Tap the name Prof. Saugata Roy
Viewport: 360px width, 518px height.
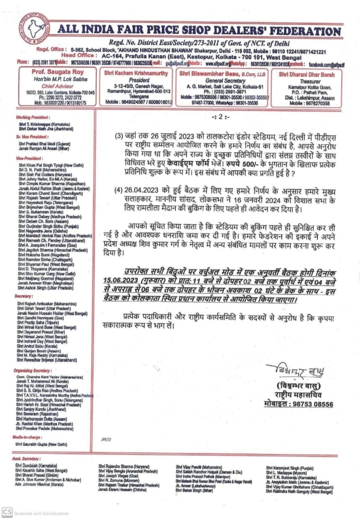58,72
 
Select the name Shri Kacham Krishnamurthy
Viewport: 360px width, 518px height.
136,73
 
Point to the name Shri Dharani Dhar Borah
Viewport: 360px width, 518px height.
306,74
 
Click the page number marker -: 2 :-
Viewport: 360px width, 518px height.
220,117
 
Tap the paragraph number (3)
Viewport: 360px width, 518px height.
119,136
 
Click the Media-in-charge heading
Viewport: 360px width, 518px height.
27,437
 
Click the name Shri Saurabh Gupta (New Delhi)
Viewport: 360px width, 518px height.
41,444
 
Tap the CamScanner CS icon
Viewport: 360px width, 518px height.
7,512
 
